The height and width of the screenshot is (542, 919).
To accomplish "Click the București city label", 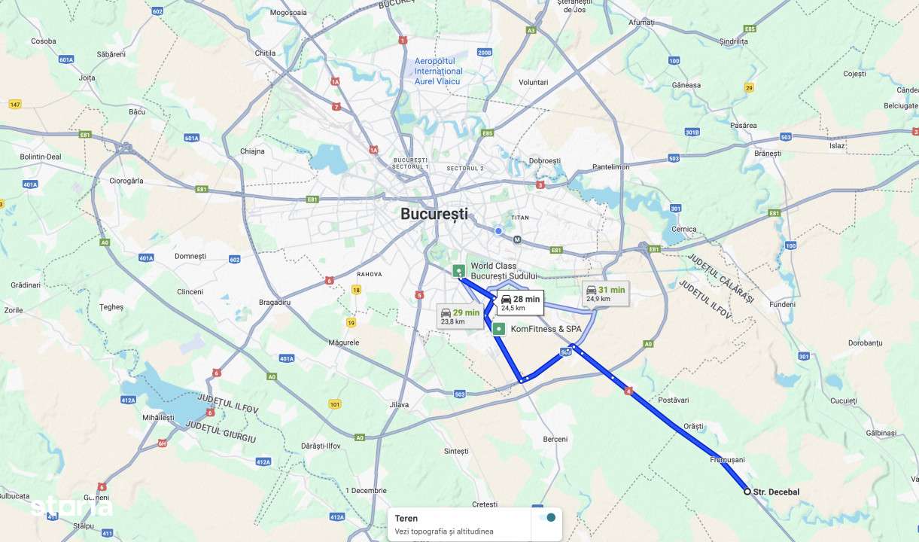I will click(434, 214).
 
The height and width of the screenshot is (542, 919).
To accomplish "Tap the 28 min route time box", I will click(520, 303).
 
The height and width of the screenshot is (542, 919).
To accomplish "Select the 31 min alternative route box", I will click(606, 294).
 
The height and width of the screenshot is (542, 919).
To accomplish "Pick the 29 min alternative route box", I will click(460, 316).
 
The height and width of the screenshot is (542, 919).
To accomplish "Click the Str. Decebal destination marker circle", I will click(747, 492).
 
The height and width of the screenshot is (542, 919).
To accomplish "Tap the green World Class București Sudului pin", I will click(458, 271).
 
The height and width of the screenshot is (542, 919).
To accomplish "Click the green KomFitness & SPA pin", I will click(498, 329).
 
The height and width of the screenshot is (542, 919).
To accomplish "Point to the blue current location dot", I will click(498, 230).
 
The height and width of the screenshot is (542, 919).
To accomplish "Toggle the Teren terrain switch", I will click(549, 518).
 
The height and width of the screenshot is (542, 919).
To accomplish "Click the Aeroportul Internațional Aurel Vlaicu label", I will click(439, 71).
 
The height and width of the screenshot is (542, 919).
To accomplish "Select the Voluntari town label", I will click(534, 82).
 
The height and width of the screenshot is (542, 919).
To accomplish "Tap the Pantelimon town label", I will click(610, 167).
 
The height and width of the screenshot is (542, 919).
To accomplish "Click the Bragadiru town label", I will click(274, 302).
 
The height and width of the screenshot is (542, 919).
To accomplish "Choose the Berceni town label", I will click(555, 439).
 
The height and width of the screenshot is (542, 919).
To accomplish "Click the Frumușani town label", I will click(726, 459).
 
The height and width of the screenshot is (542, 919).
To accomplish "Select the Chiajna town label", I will click(252, 151).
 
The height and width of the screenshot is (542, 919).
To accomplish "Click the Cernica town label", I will click(684, 229).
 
